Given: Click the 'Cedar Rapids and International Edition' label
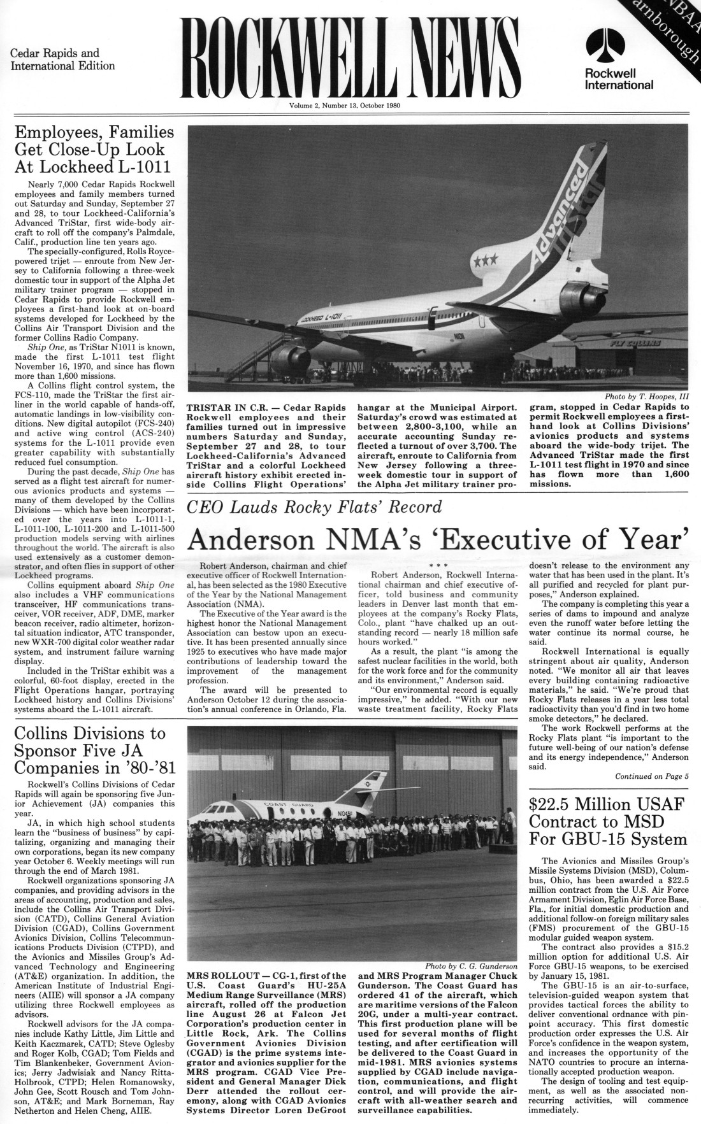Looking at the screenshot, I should [x=62, y=60].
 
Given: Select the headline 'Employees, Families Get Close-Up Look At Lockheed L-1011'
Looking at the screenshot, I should [x=94, y=150].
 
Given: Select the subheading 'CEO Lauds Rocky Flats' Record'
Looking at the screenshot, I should [x=314, y=508].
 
